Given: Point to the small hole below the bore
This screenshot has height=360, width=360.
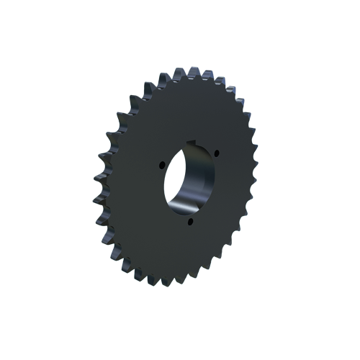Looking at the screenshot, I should pyautogui.click(x=190, y=221).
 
